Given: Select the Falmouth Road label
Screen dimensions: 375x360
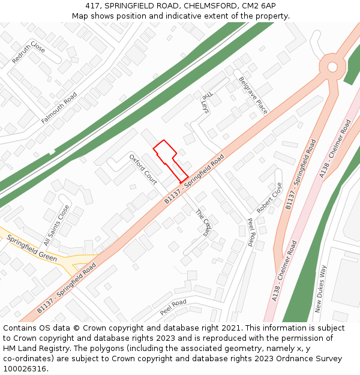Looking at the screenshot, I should click(59, 108).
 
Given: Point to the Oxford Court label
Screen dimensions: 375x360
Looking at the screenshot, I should click(143, 169).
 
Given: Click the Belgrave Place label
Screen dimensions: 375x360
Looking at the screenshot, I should click(253, 95).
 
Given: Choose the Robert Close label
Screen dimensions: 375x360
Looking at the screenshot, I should click(269, 198).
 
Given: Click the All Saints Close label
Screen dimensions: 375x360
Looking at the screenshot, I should click(56, 225).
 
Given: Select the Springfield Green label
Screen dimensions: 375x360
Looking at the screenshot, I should click(32, 248).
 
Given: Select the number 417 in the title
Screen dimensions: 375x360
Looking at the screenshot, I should click(93, 5).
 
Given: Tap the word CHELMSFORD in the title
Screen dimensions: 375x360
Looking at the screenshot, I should click(208, 5).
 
